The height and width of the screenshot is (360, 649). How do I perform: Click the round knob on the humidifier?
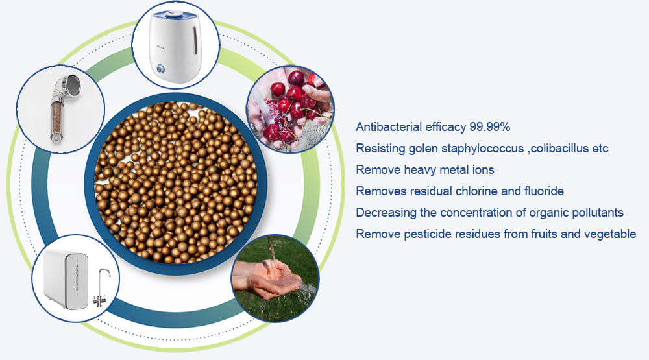click(160, 69)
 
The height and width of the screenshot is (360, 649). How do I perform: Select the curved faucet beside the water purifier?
click(101, 287)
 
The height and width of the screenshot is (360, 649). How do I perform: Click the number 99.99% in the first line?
click(489, 126)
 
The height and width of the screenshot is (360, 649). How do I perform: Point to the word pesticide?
click(427, 234)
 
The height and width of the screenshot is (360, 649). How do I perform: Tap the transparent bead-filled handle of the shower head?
click(57, 120)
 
